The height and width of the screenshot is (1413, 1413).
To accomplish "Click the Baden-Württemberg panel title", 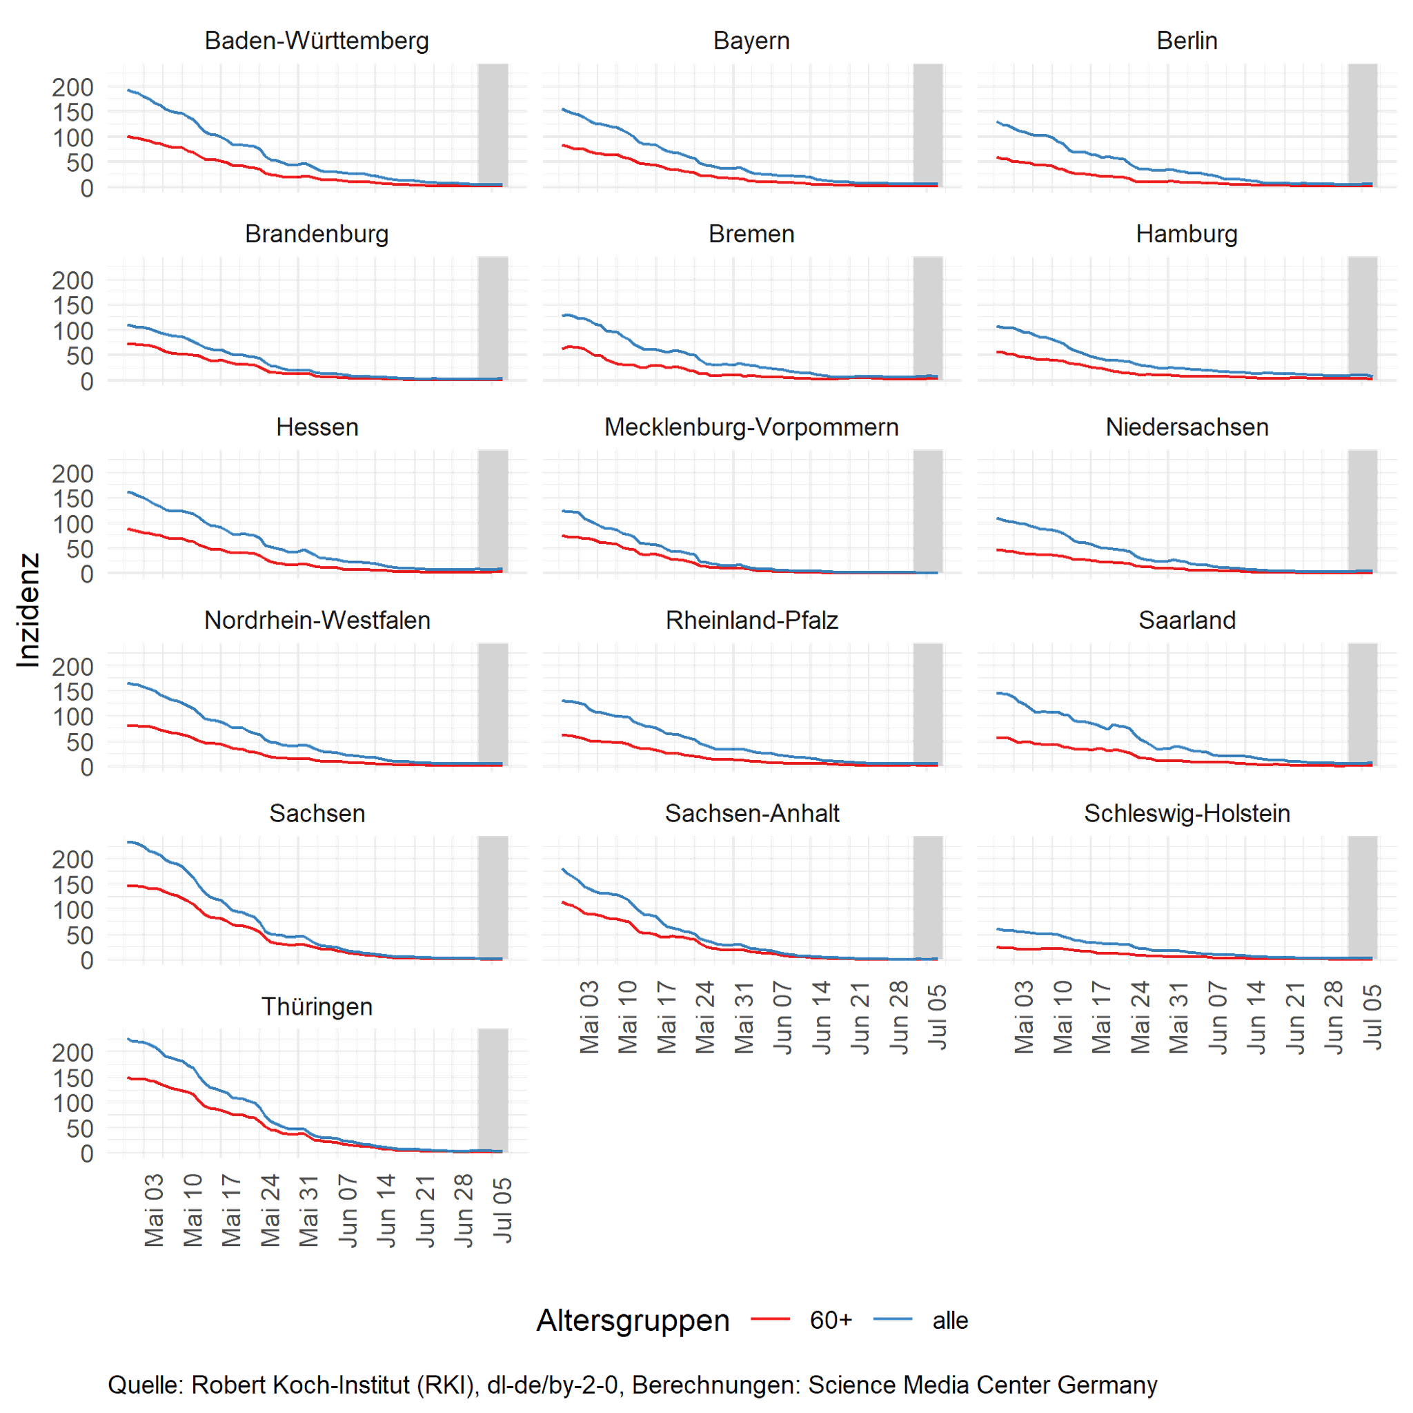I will tap(317, 41).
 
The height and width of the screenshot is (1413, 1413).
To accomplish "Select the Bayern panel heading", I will tap(751, 41).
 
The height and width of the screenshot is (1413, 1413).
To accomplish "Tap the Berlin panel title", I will tap(1187, 41).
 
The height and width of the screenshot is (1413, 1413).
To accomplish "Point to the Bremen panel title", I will tap(751, 234).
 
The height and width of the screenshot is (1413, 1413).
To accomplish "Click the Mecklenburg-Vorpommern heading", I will tap(751, 427).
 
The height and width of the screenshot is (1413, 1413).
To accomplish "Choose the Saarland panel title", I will tap(1187, 621).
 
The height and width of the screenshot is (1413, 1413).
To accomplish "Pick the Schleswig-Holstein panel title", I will tap(1187, 814).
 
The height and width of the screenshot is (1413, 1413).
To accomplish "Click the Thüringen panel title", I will tap(317, 1007).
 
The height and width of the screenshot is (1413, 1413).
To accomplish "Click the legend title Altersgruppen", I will tap(633, 1321).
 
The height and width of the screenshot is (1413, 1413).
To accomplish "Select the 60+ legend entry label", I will tap(831, 1321).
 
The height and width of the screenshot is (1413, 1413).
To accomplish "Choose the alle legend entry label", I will tap(950, 1321).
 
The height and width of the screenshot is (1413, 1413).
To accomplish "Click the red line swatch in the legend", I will tap(770, 1319).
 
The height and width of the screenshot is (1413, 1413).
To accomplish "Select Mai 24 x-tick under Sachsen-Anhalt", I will tap(705, 1017).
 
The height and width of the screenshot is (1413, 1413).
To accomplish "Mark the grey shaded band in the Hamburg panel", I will tap(1363, 318).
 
